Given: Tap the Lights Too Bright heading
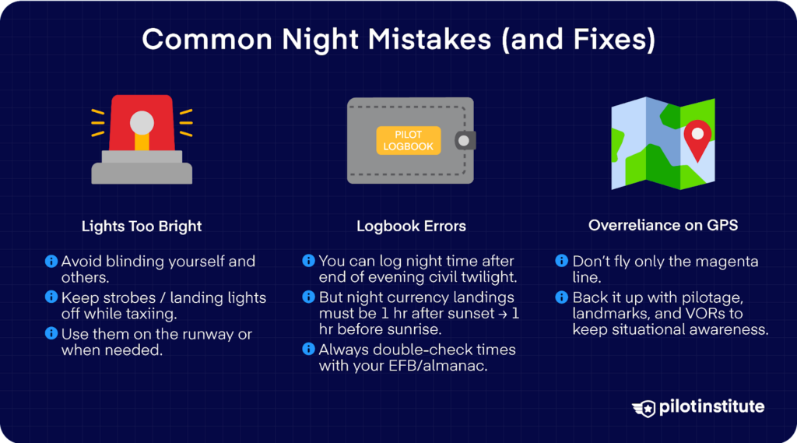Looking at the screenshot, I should [x=142, y=227].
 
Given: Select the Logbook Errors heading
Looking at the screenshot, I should [x=411, y=227].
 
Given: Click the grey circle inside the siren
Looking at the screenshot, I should [x=142, y=122].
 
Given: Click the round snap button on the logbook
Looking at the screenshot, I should [x=465, y=141].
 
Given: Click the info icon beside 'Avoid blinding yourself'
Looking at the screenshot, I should [x=51, y=261].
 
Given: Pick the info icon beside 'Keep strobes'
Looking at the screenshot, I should [x=51, y=297].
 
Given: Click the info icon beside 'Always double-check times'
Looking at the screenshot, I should [x=309, y=350].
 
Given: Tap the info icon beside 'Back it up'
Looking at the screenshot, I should [x=563, y=297].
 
